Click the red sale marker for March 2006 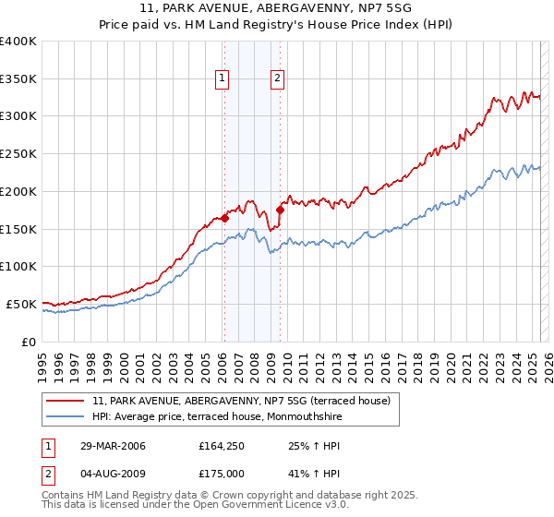coord(224,219)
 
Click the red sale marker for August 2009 coord(280,210)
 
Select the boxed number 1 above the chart coord(223,79)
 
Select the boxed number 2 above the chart coord(277,79)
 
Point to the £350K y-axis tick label coord(18,78)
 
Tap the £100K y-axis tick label coord(18,266)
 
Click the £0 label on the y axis coord(28,342)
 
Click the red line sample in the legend coord(66,401)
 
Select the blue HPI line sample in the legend coord(66,415)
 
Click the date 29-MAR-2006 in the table coord(113,447)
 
